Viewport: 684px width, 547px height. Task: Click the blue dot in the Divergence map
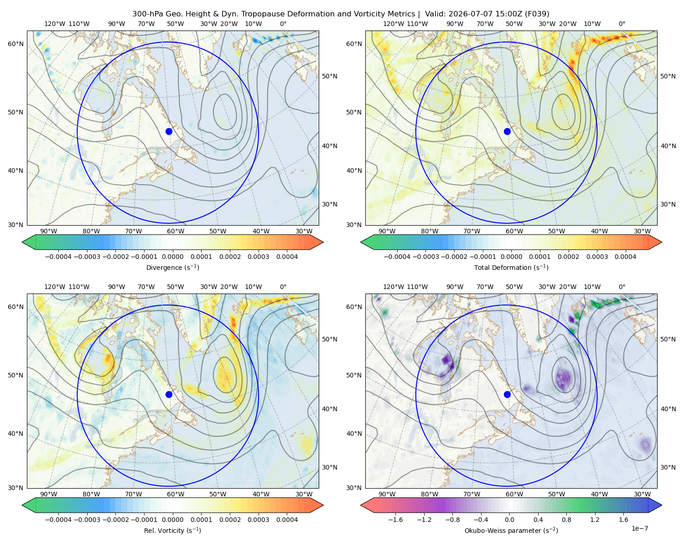(x=169, y=131)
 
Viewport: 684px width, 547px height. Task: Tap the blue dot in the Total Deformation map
(x=507, y=131)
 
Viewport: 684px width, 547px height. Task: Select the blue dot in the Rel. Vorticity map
(x=169, y=394)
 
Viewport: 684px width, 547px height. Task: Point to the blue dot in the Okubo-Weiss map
(x=507, y=394)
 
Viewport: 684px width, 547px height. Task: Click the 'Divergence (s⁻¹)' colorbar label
(x=172, y=267)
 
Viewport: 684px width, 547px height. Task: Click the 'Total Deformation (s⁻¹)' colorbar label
(x=511, y=267)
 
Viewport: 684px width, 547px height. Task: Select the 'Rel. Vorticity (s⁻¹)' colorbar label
(x=172, y=530)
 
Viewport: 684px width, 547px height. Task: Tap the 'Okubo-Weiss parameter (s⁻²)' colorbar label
(x=511, y=530)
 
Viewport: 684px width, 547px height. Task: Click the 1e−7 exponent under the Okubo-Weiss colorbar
(x=639, y=528)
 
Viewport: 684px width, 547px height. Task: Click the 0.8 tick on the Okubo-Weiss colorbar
(x=566, y=520)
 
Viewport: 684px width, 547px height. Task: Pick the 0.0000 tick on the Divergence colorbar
(x=172, y=257)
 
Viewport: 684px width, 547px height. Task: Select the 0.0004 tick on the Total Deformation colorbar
(x=625, y=257)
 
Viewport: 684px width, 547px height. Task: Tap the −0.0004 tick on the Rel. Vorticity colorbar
(x=58, y=520)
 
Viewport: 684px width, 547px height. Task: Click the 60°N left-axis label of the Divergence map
(x=16, y=44)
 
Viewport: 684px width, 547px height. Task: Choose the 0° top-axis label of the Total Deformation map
(x=622, y=24)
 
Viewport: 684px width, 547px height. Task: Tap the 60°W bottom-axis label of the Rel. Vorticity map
(x=176, y=494)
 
